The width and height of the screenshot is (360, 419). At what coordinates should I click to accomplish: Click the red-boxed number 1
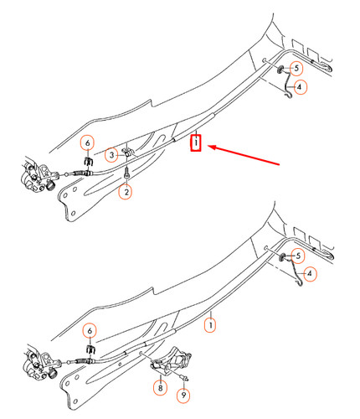195,143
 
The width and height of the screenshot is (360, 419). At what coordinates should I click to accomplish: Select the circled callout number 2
126,192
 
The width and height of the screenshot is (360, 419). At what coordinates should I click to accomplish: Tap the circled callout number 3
112,154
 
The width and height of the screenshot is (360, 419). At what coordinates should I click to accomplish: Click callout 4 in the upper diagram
300,86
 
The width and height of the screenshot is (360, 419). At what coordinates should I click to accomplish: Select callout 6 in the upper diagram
90,142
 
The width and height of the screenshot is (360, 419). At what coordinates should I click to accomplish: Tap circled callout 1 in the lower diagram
212,321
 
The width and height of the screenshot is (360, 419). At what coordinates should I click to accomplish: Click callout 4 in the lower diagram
311,273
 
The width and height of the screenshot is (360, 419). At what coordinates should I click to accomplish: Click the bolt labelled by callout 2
126,173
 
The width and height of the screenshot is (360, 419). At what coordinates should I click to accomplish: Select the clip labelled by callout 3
128,153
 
